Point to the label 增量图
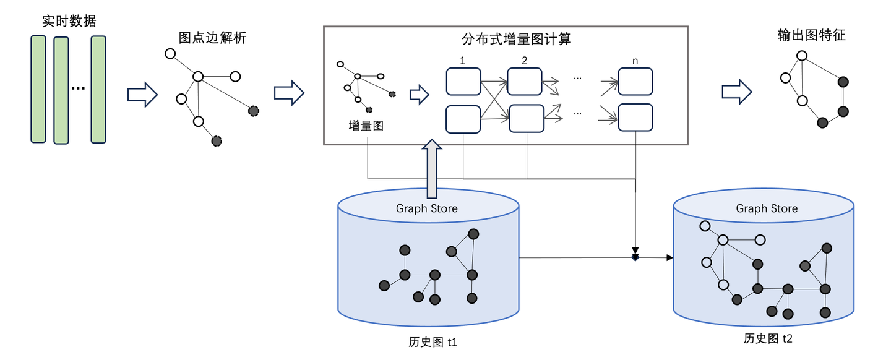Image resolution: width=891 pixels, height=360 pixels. point(366,126)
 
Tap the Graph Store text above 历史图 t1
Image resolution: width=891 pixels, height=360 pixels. point(427,208)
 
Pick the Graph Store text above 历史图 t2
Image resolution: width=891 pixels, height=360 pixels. point(767,208)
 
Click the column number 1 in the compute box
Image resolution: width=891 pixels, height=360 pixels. point(462,61)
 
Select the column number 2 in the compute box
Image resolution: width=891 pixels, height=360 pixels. point(525,61)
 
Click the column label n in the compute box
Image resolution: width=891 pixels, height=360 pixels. point(635,61)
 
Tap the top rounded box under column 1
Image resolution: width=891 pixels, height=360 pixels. point(463,82)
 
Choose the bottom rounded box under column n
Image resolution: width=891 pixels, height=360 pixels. point(635,118)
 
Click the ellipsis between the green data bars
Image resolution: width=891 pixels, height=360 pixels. point(77,88)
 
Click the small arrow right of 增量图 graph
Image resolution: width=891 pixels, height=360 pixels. point(419,95)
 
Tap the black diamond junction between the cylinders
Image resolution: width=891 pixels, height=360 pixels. point(635,257)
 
